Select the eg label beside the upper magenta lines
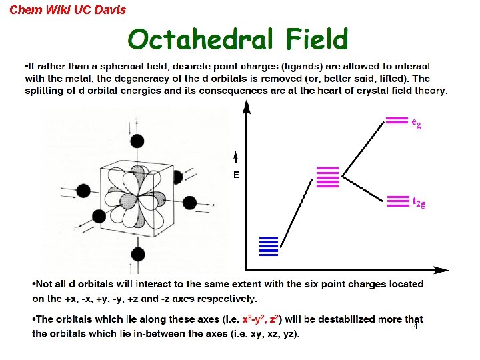[416, 123]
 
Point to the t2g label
[419, 202]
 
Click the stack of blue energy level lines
[268, 246]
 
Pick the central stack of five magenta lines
[327, 177]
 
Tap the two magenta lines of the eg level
[397, 121]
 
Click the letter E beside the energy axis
[236, 175]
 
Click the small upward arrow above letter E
[236, 158]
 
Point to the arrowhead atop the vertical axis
[247, 107]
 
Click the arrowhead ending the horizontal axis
[441, 270]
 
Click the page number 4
[415, 326]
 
